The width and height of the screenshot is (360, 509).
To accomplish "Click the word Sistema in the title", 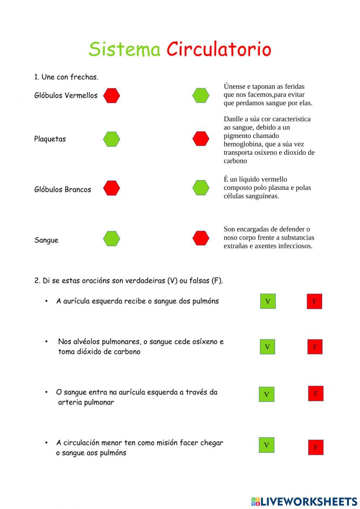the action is (x=125, y=49).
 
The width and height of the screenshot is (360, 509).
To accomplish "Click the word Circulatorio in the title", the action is (x=219, y=49).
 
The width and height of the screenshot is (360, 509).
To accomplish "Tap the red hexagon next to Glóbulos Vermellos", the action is (x=112, y=96).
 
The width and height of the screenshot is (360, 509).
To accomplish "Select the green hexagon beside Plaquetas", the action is (x=112, y=139).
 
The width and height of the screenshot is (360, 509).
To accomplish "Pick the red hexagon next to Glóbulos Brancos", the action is (x=112, y=188).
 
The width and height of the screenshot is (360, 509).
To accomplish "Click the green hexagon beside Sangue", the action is (x=112, y=238).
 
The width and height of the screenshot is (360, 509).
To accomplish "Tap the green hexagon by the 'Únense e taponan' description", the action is (x=201, y=95).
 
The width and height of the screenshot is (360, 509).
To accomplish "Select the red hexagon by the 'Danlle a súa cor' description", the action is (x=201, y=139).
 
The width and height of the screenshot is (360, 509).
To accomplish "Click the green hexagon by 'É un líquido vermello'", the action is (x=201, y=188).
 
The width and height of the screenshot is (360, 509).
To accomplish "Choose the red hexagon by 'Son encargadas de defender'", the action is (x=201, y=238).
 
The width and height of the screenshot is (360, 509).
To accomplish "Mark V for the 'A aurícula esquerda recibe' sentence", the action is (x=268, y=301).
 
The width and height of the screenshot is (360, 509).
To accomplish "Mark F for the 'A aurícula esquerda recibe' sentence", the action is (x=314, y=302).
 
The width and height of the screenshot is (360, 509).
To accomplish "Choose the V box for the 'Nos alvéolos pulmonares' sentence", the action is (x=267, y=347).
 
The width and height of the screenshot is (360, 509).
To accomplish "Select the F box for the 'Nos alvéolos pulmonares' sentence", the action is (x=315, y=347).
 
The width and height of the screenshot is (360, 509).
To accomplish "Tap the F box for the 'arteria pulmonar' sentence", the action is (x=316, y=393).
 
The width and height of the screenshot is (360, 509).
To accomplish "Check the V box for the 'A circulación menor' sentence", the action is (x=266, y=445).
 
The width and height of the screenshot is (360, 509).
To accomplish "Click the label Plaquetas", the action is (x=50, y=139).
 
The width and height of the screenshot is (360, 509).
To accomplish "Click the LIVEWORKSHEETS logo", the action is (x=304, y=501).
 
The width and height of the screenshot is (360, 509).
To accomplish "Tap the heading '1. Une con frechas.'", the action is (x=66, y=77).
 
